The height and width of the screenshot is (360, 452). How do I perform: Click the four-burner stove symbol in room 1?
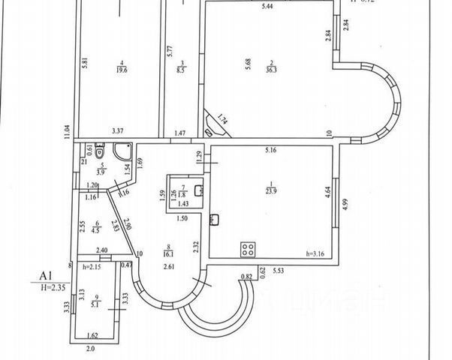tap(247, 249)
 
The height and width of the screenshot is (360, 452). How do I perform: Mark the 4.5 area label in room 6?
tap(96, 231)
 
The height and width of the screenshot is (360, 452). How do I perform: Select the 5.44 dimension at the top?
tap(262, 7)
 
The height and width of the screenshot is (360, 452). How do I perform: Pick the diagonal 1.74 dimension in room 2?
tap(223, 118)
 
